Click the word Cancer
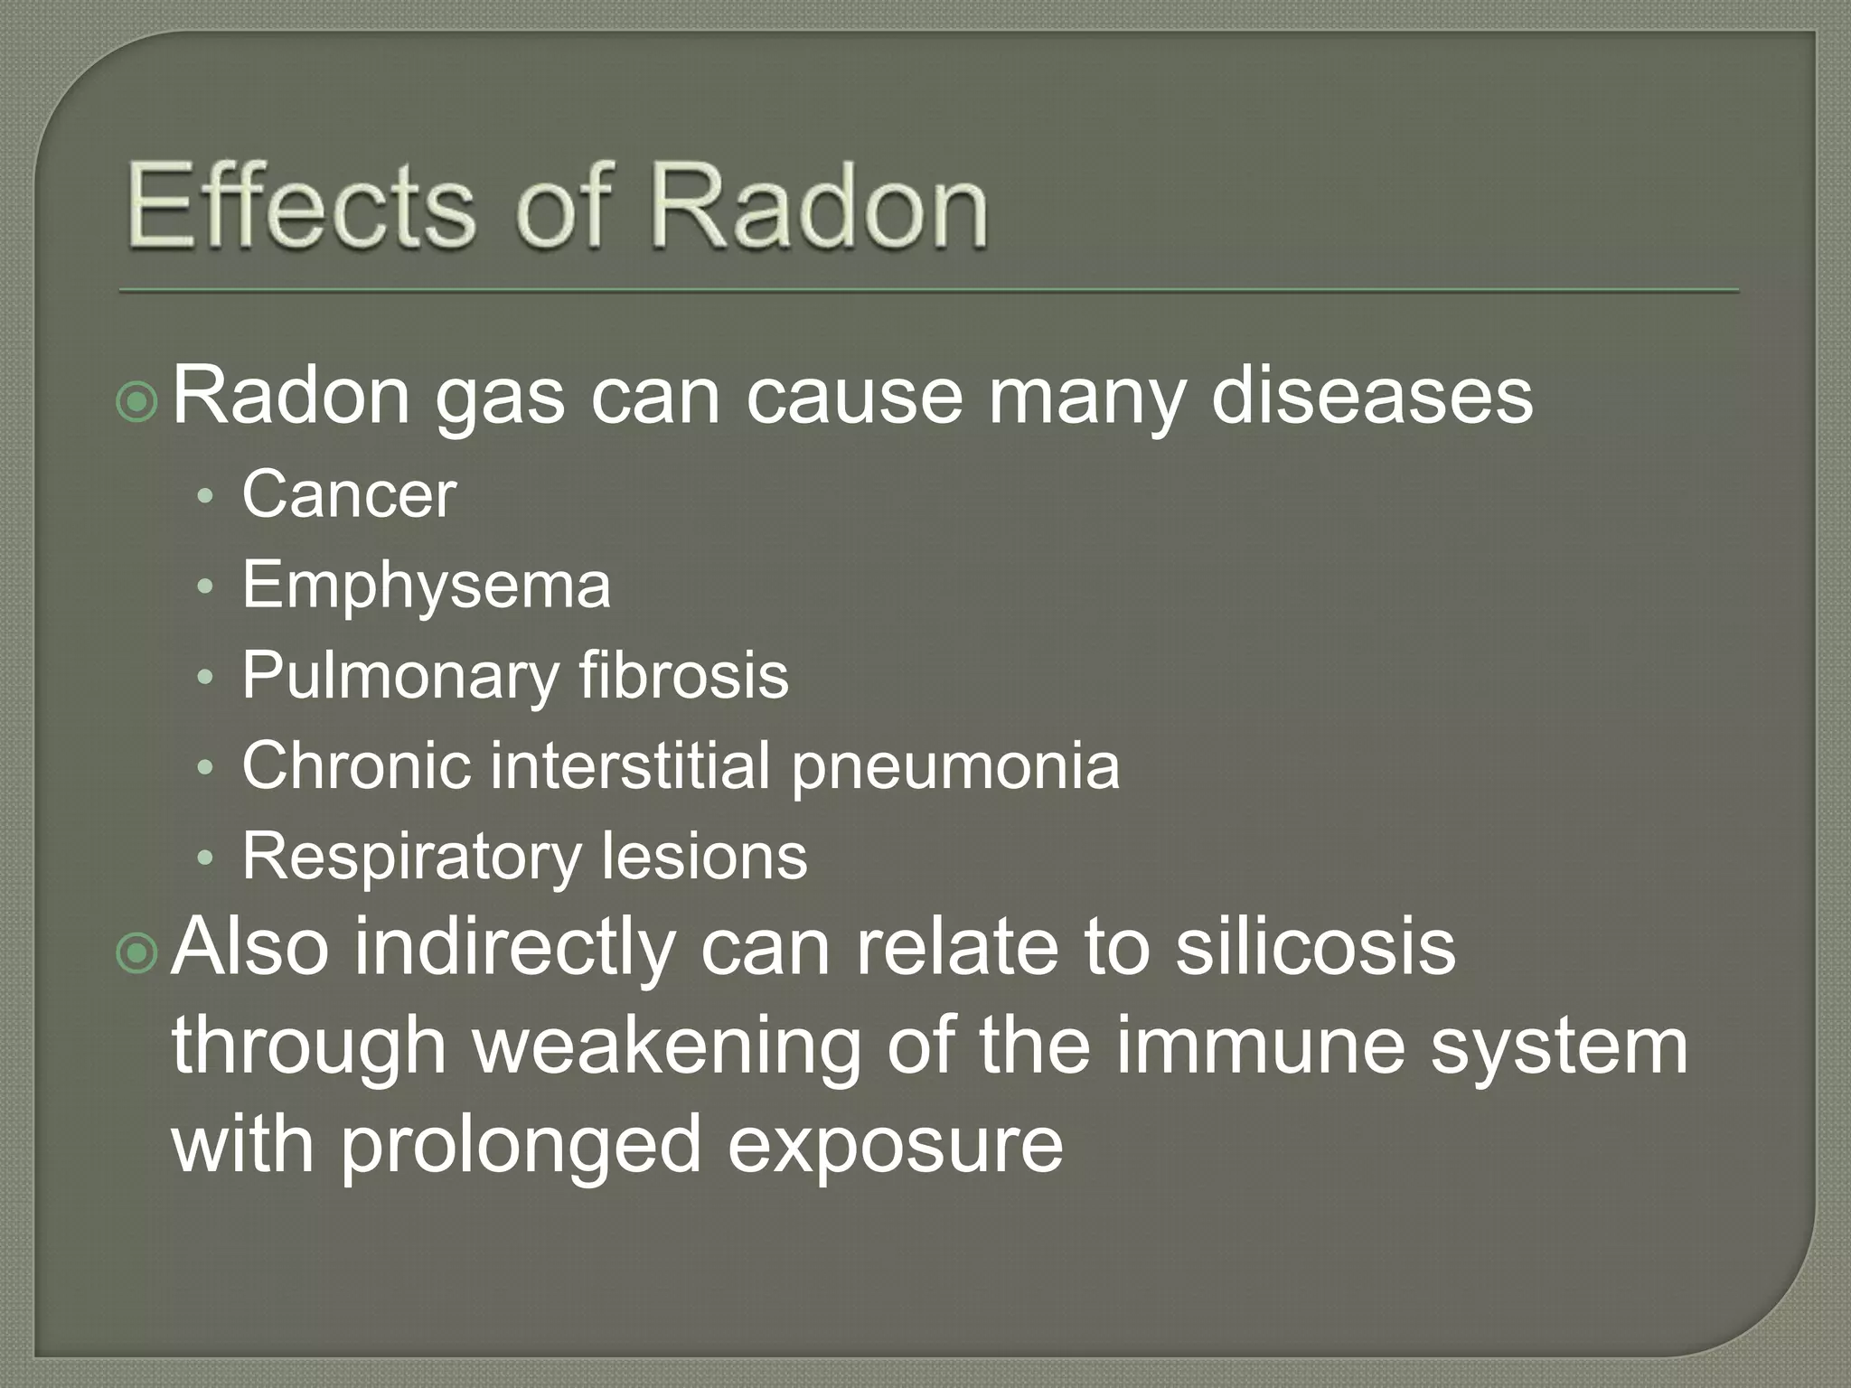click(349, 495)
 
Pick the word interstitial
click(631, 765)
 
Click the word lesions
click(704, 856)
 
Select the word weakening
click(667, 1048)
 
